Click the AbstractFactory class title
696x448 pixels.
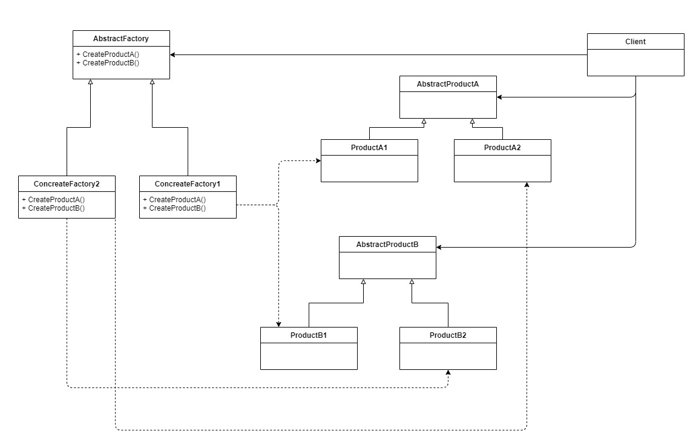point(120,39)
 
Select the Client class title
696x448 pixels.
point(635,42)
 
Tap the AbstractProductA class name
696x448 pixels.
point(447,84)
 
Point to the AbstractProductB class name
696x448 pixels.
point(387,245)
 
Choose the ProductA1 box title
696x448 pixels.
point(369,147)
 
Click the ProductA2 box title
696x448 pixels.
point(502,147)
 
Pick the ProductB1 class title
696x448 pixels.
point(309,335)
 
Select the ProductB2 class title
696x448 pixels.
point(448,335)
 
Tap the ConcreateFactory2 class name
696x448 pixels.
point(67,184)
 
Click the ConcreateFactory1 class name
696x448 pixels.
point(188,184)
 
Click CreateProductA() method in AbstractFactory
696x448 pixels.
point(108,54)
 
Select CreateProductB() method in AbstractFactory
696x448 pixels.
point(108,62)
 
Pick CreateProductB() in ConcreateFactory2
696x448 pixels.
point(53,208)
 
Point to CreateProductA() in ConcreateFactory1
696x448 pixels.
point(174,200)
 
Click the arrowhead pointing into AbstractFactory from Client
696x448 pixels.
point(172,55)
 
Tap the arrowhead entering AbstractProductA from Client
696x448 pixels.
point(499,97)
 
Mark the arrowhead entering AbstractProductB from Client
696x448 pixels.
point(439,248)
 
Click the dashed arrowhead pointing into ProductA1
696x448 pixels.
point(318,160)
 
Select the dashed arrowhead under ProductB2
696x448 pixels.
point(448,372)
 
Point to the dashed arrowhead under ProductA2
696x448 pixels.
point(527,185)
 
